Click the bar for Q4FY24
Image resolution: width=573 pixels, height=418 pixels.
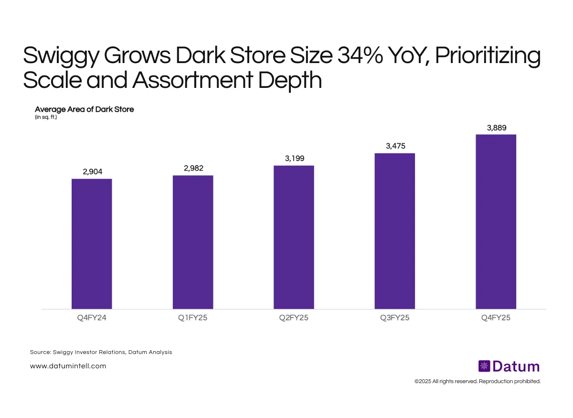92,244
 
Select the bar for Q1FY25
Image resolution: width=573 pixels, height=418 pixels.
193,242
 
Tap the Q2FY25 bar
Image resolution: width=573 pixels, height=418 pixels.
294,237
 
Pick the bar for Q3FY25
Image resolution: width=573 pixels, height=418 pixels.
395,231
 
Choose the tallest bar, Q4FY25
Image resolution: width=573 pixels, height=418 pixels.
496,221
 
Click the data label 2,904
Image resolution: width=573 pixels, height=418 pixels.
92,171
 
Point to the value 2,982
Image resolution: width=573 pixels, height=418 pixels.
193,168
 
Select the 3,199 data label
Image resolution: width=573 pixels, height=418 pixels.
294,158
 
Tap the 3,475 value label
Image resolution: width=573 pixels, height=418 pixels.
395,146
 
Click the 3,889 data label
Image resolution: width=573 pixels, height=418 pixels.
497,128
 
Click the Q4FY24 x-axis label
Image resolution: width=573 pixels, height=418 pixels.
92,318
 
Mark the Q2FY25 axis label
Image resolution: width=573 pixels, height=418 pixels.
294,318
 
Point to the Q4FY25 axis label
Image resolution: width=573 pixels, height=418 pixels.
496,318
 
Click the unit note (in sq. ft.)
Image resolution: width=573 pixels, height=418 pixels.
46,118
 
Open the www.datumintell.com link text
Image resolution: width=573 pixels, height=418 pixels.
68,366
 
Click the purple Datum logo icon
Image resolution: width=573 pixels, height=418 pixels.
484,366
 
